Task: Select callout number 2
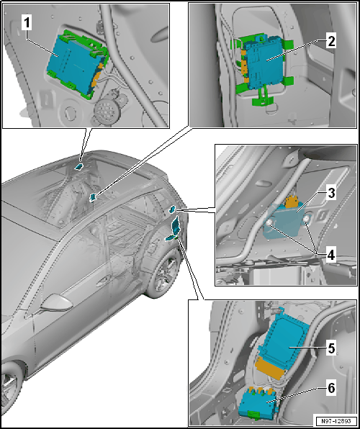[331, 42]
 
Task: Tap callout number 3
[331, 194]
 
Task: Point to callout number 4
[330, 256]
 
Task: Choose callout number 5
[330, 348]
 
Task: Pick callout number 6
[331, 388]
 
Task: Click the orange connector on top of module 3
[292, 202]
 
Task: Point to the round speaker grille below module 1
[106, 110]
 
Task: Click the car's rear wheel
[163, 276]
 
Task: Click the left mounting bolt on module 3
[271, 223]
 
